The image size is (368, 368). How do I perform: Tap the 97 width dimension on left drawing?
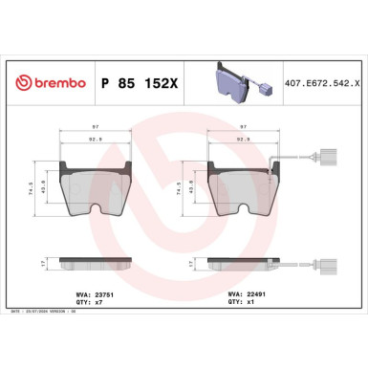coord(94,127)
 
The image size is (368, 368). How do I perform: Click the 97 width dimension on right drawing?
coord(246,127)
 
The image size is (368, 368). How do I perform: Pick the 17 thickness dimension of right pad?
coord(183,261)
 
